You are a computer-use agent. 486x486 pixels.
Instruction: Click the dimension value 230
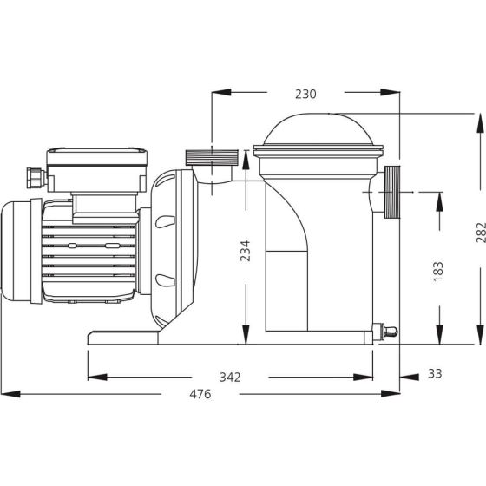(x=305, y=94)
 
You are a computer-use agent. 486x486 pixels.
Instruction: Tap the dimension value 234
(x=245, y=251)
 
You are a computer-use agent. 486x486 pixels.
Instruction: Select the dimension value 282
(x=481, y=233)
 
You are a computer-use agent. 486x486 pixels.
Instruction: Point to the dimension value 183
(x=438, y=272)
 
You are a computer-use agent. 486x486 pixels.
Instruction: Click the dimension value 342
(x=230, y=378)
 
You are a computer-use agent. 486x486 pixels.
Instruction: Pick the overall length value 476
(x=200, y=394)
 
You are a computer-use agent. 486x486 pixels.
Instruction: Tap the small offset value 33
(x=435, y=374)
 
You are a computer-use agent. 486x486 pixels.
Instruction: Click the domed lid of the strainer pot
(x=318, y=129)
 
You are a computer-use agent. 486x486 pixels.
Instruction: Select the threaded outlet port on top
(x=212, y=157)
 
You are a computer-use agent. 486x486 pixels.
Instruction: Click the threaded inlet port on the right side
(x=392, y=192)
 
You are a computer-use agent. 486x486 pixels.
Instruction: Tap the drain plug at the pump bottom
(x=385, y=332)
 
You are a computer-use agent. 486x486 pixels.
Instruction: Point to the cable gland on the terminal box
(x=36, y=178)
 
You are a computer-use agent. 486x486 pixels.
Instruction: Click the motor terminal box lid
(x=96, y=156)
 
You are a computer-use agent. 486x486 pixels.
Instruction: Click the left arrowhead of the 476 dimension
(x=10, y=394)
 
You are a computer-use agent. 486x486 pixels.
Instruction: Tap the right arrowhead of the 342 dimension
(x=363, y=378)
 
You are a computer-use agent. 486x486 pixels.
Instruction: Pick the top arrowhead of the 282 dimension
(x=481, y=123)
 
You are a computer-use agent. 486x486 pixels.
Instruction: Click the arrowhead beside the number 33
(x=410, y=378)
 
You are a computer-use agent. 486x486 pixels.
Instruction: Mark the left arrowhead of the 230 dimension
(x=221, y=92)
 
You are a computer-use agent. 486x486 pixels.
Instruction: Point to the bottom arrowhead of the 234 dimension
(x=246, y=334)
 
